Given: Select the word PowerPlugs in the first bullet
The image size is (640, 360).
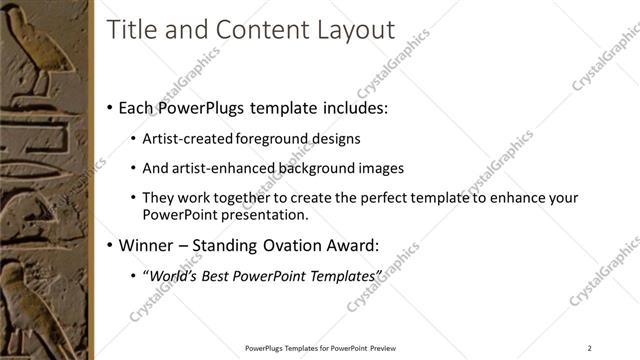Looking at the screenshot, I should pyautogui.click(x=214, y=107).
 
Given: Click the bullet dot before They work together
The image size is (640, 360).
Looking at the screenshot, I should pyautogui.click(x=134, y=199).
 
